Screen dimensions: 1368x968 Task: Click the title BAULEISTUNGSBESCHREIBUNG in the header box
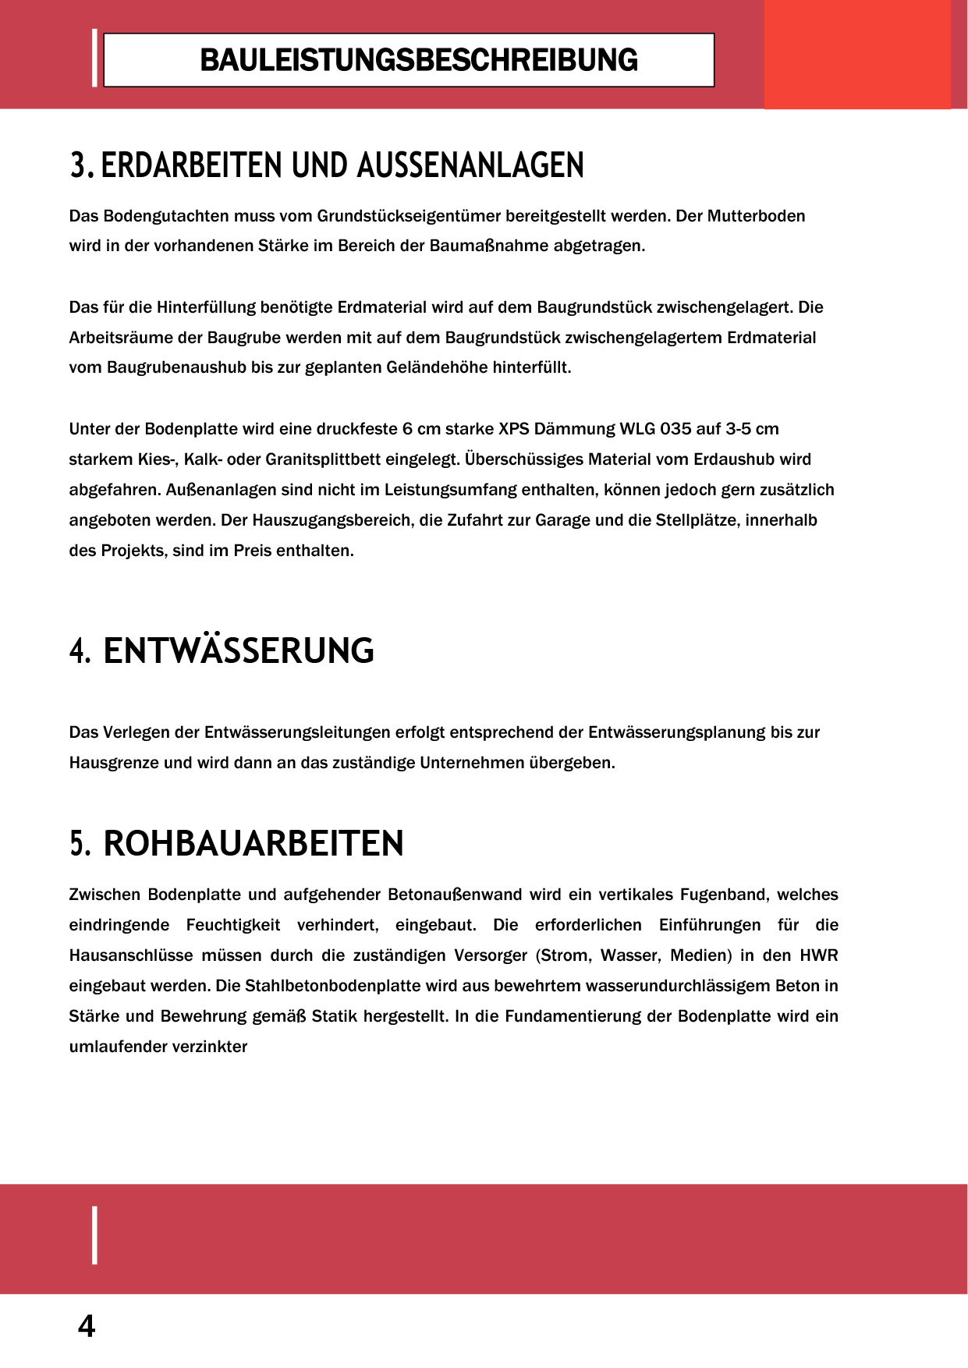tap(418, 60)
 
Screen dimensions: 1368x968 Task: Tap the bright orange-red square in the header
tap(856, 54)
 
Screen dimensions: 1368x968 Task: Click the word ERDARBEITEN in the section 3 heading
tap(192, 165)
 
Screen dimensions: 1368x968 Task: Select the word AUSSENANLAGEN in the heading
tap(470, 165)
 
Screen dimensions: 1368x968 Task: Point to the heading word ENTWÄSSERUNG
tap(239, 651)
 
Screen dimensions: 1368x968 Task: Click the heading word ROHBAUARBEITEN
tap(254, 843)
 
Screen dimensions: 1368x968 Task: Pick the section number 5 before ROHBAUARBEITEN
tap(80, 843)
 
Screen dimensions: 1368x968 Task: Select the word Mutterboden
tap(756, 216)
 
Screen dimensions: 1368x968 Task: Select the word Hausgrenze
tap(114, 763)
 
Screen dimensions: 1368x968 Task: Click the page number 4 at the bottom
tap(87, 1326)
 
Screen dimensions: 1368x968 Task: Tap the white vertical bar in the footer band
tap(95, 1235)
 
